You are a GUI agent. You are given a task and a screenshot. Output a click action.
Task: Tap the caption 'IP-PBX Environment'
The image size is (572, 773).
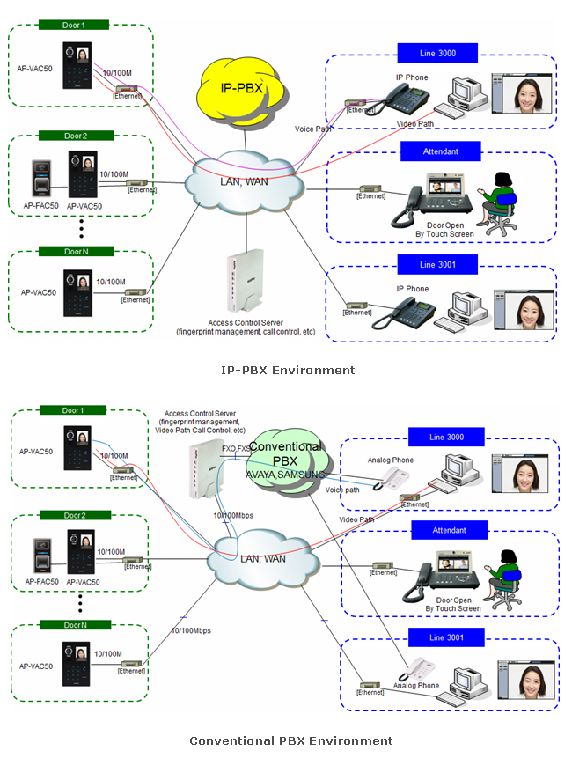[289, 370]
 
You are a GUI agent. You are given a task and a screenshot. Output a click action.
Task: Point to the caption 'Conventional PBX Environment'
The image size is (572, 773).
[291, 740]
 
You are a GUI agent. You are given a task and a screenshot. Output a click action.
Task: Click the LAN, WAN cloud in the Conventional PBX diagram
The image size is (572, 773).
[263, 558]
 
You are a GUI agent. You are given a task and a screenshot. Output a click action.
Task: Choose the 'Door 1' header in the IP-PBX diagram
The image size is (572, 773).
[74, 26]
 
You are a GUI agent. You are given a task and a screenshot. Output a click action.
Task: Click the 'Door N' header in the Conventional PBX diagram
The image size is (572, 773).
[75, 624]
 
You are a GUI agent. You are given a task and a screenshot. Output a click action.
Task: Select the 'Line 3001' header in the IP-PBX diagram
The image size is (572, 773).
[437, 264]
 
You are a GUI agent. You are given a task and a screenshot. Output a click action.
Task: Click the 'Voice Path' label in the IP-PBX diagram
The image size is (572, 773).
[313, 129]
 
